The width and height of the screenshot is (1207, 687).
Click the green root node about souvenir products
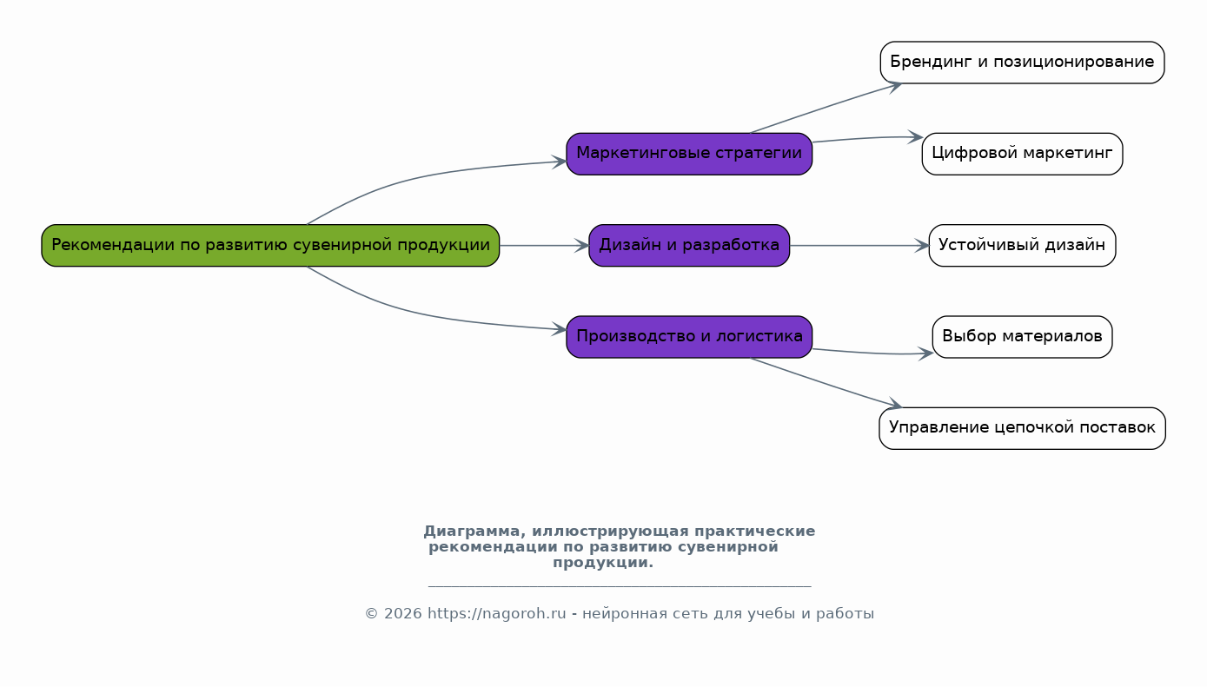(270, 245)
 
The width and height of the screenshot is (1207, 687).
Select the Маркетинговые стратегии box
(689, 154)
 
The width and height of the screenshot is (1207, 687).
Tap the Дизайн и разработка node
(689, 245)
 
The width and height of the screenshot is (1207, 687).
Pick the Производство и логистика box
(689, 336)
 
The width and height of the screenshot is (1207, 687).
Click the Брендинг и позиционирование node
(1022, 63)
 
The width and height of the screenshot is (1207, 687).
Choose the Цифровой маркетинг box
(1022, 154)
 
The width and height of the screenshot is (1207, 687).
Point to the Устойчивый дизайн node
(1022, 245)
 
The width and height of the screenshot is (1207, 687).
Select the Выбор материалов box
(1022, 336)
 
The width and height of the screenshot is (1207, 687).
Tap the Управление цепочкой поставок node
(1022, 428)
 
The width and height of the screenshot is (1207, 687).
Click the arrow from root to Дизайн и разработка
(544, 246)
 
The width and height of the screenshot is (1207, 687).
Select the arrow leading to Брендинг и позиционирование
(826, 108)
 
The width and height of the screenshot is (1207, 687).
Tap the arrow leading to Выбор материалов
(869, 353)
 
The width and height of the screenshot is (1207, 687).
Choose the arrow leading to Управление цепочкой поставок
(826, 382)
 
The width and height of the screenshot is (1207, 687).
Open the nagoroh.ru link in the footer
(496, 614)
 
